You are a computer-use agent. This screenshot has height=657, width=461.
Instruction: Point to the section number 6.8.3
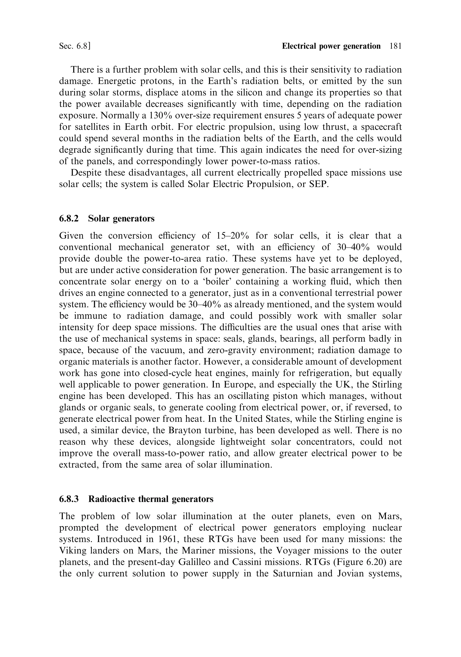69,499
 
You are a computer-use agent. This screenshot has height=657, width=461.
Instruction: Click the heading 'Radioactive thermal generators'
151,499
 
